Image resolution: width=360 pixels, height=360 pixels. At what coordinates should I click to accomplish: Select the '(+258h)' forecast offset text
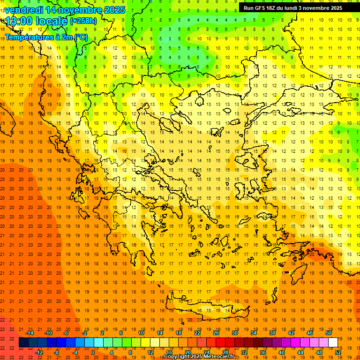pos(83,21)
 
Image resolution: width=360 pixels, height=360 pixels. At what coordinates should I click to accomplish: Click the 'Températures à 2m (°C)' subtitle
pos(46,37)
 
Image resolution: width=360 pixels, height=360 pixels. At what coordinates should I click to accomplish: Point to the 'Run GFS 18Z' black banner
pos(292,8)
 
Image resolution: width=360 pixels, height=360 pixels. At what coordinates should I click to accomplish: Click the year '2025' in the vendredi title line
pos(114,10)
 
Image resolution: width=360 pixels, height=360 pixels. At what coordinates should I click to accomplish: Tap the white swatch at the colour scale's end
pos(333,343)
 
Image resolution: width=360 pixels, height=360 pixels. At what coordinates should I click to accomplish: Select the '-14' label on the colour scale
pos(30,333)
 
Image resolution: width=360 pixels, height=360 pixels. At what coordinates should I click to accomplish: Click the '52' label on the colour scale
pos(338,352)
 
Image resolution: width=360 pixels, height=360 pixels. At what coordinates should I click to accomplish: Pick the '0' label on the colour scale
pos(93,352)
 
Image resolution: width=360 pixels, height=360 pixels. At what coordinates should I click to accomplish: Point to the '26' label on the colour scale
pos(216,333)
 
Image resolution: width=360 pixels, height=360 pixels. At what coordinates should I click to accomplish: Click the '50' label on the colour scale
pos(328,333)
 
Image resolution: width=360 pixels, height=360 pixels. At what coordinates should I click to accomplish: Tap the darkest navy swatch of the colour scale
pos(23,343)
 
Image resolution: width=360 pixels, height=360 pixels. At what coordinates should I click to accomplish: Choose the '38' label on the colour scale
pos(272,333)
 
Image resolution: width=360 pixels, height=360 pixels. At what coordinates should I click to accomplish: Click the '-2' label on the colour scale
pos(85,333)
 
